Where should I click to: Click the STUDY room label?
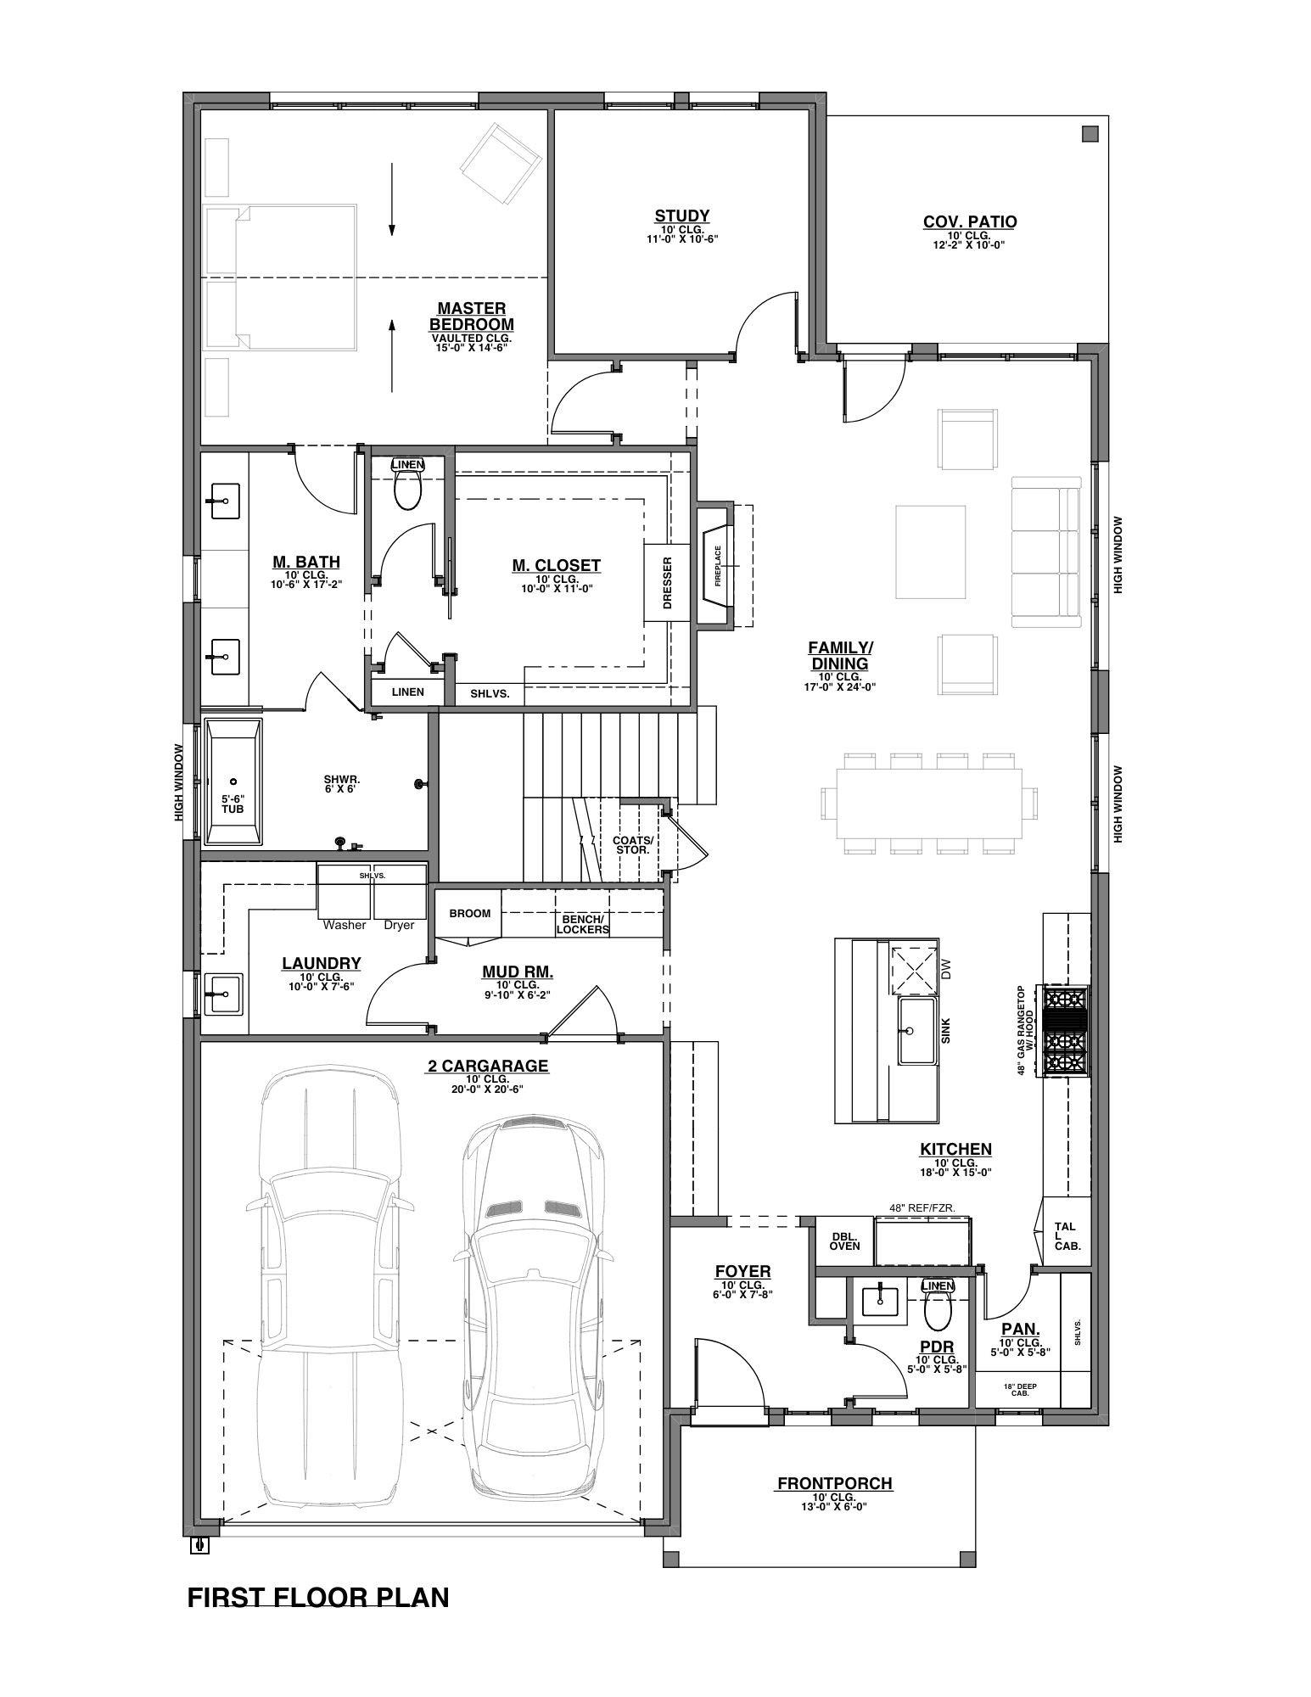681,216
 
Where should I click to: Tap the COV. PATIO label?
970,221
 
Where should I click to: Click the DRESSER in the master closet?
667,582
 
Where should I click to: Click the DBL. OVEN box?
843,1241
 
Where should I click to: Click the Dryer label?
399,925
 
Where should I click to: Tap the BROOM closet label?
470,913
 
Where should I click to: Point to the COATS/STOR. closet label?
632,844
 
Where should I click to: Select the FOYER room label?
742,1271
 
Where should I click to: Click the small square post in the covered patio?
1090,133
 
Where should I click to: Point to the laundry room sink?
223,993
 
